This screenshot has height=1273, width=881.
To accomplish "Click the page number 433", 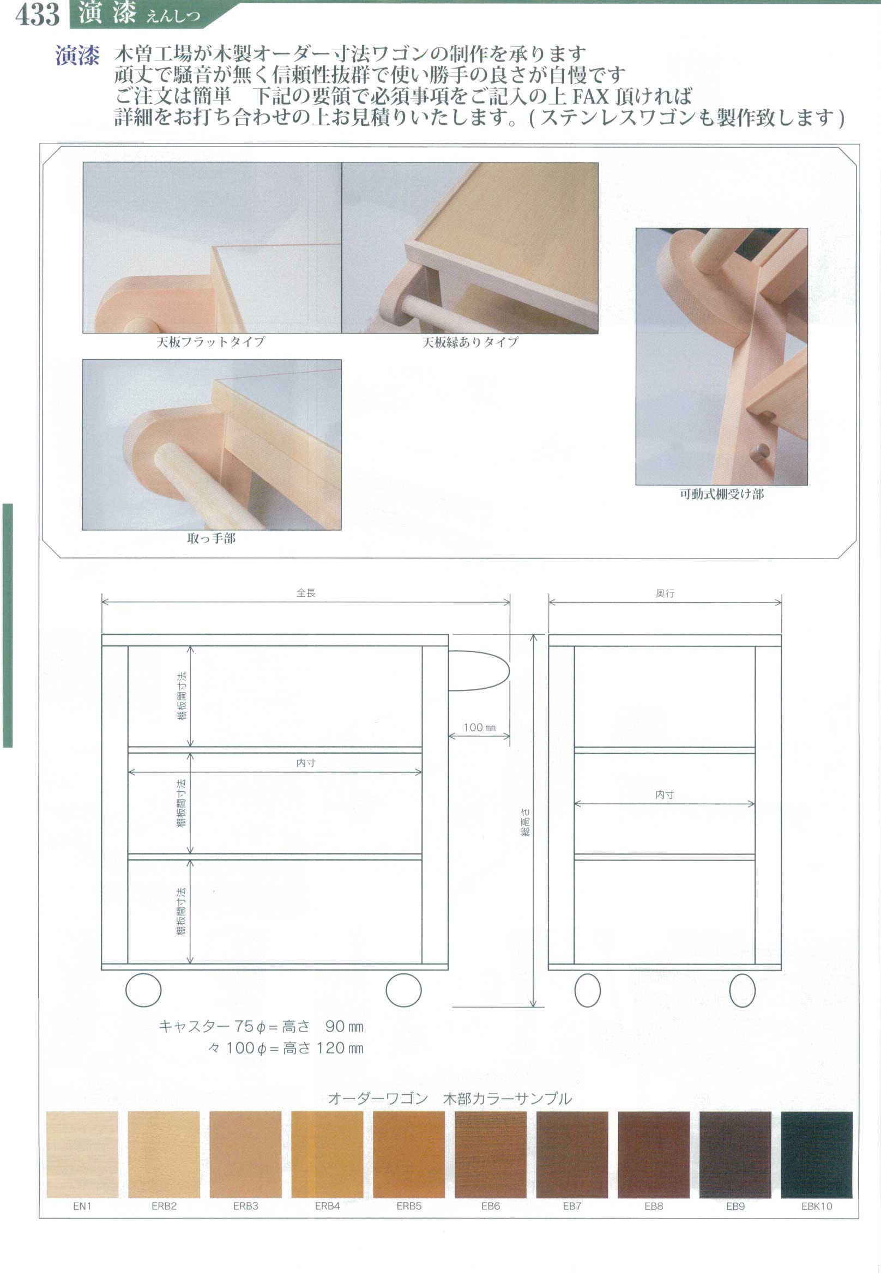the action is pos(37,14).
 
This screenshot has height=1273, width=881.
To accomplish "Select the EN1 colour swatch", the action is pos(82,1154).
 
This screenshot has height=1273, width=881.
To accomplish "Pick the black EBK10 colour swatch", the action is pos(817,1154).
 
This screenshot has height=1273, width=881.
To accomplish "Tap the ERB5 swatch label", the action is pos(408,1206).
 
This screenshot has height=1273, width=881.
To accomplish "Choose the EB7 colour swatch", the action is pos(572,1154).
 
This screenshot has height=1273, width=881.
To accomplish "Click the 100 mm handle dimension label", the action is pos(479,728).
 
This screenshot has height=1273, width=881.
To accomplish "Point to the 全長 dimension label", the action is pos(306,593).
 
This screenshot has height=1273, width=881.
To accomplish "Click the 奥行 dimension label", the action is pos(665,593).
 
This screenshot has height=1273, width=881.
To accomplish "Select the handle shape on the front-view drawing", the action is pos(478,670).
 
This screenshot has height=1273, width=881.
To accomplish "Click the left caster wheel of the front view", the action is pos(143,990).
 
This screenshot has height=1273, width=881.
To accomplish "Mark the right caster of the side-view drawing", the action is pos(742,990).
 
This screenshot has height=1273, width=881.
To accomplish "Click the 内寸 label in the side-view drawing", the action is pos(664,794).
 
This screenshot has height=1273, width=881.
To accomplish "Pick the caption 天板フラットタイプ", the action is pos(210,342).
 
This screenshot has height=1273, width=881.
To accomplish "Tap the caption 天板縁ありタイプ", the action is pos(470,342).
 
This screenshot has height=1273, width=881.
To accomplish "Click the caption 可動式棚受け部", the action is pos(721,494).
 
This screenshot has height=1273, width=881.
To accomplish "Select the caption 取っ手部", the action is pos(212,538).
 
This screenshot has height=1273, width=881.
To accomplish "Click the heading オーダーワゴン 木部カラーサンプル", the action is pos(450,1098).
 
